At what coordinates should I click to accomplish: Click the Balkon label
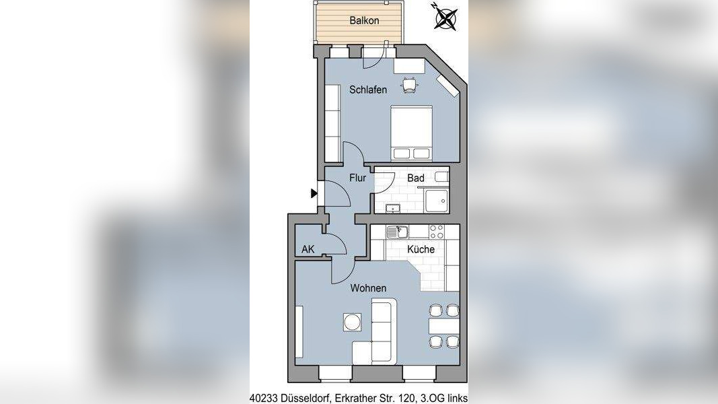(x=364, y=20)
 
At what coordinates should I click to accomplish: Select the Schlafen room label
(x=367, y=90)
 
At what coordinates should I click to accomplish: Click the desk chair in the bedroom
(x=409, y=84)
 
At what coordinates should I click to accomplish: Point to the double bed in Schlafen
(x=412, y=133)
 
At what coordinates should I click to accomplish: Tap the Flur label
(x=357, y=178)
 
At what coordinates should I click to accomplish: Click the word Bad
(x=416, y=178)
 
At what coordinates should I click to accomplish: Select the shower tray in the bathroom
(x=437, y=200)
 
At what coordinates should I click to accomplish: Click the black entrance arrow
(x=314, y=194)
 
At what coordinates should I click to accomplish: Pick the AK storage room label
(x=308, y=249)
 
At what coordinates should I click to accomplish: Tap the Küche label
(x=421, y=249)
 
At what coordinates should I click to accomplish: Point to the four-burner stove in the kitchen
(x=436, y=232)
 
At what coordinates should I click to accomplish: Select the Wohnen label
(x=367, y=288)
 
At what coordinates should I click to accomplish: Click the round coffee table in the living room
(x=352, y=323)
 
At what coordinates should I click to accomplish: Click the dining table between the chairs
(x=443, y=326)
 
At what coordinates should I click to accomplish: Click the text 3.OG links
(x=445, y=397)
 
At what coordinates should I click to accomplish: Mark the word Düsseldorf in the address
(x=303, y=397)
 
